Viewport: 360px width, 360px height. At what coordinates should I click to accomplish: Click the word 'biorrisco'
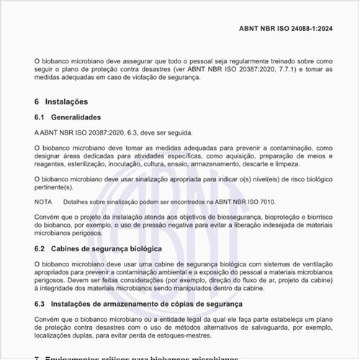point(316,216)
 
